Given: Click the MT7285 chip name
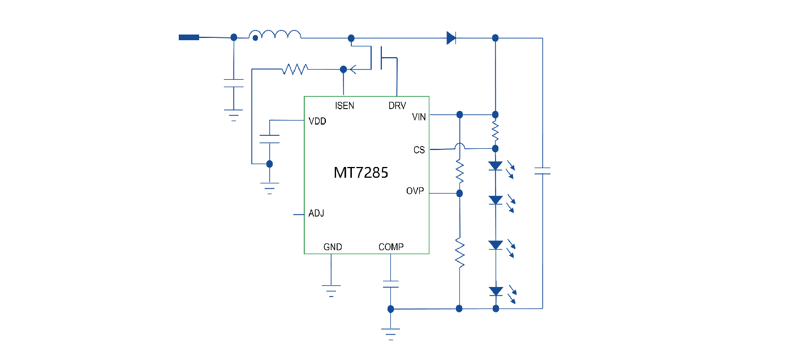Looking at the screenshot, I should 361,173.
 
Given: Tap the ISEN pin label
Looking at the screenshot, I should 345,106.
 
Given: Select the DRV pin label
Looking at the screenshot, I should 397,106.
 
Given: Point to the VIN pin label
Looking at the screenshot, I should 419,117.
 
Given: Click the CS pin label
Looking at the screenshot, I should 419,150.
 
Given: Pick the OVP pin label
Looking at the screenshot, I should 415,191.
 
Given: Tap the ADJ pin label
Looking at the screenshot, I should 316,214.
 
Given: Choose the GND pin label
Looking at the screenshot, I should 333,247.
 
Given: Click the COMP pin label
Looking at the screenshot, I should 391,247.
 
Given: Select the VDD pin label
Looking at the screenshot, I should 317,121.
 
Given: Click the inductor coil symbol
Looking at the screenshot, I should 276,35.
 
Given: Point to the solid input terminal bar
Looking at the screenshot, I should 189,37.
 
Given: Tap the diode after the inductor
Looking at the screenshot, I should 451,38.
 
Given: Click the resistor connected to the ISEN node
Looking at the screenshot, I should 295,69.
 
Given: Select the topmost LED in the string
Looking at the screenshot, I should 496,166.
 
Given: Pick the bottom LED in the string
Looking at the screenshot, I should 496,292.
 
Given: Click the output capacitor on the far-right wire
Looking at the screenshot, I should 543,170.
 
